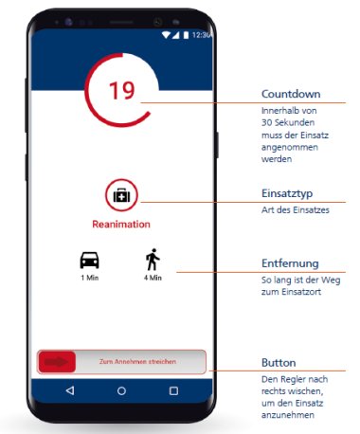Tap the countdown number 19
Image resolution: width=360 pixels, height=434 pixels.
click(x=122, y=91)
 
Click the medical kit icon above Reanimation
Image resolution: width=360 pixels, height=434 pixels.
click(x=121, y=195)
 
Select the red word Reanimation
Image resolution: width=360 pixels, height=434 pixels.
click(x=121, y=225)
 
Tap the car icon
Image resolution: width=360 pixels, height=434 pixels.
click(x=90, y=260)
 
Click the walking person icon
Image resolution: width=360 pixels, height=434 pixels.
click(x=153, y=260)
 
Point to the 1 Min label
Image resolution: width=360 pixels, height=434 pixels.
click(x=90, y=278)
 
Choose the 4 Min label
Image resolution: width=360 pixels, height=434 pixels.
click(x=153, y=278)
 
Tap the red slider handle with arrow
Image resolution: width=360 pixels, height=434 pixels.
click(x=57, y=362)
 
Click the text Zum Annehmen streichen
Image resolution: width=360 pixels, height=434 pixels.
click(x=137, y=362)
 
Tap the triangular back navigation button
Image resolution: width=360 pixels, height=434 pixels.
click(x=70, y=390)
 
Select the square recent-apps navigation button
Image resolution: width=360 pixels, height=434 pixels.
click(x=173, y=391)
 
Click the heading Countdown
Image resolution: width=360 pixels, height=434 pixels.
click(x=291, y=94)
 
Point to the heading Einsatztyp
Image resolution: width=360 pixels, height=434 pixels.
click(x=287, y=193)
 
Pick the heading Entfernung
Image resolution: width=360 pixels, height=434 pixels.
click(x=290, y=263)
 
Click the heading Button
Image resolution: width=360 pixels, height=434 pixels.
click(x=279, y=363)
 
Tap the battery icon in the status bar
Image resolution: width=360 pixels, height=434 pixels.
click(x=186, y=35)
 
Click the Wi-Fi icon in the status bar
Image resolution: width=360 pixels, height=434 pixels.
click(x=166, y=35)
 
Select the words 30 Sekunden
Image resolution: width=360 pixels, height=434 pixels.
click(x=288, y=122)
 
